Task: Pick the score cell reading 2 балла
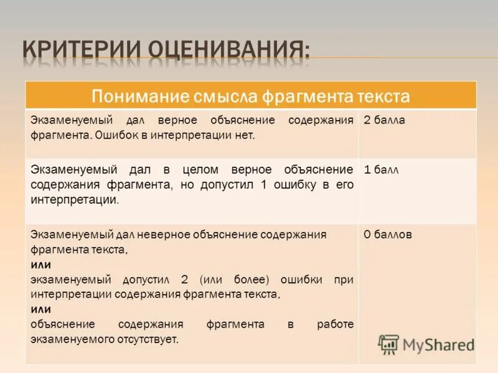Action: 384,120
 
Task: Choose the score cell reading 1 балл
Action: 381,169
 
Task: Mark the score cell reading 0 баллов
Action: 387,234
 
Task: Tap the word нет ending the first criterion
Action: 245,134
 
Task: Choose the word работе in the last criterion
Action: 334,325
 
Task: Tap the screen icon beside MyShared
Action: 388,344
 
